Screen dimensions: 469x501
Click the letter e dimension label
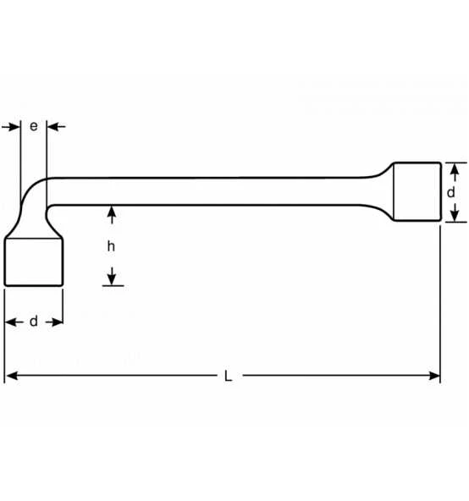pos(34,127)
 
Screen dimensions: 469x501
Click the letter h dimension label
pos(111,246)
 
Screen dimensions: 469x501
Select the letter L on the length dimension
pos(228,376)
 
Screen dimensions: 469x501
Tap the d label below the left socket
pos(34,321)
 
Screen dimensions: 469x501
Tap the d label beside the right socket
pos(450,192)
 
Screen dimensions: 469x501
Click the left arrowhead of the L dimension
pos(12,376)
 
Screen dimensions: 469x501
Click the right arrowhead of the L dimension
pos(434,376)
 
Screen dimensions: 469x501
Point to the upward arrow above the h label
pos(111,215)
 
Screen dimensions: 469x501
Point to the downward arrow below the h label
pos(111,276)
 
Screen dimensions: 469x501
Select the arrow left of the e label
pos(11,127)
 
